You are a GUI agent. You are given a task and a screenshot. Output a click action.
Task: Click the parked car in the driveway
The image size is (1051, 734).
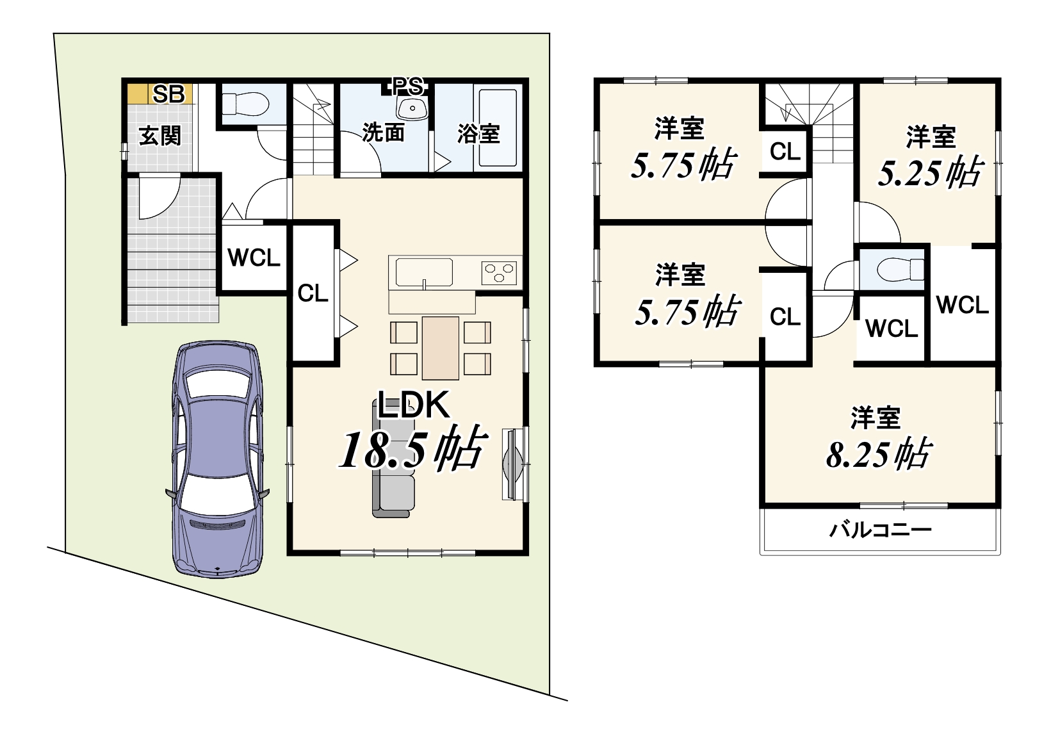pos(217,459)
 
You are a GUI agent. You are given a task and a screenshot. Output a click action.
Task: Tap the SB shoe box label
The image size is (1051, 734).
pos(168,94)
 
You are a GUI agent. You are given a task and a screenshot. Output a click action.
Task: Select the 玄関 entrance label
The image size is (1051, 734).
pos(160,136)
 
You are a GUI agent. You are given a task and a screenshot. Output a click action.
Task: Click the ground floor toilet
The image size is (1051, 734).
pos(245,104)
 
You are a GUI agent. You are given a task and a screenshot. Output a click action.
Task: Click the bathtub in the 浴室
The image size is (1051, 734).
pos(498,127)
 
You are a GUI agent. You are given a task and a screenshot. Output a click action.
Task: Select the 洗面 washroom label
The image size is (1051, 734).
pos(384,133)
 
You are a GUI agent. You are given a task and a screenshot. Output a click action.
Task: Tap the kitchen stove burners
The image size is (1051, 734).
pos(499,272)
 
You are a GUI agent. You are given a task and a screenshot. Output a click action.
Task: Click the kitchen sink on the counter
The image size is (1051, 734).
pos(424,272)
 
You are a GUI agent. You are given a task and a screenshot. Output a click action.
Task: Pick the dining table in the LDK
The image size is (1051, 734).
pos(440,348)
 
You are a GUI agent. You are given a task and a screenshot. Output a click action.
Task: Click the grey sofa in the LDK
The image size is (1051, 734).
pos(393,459)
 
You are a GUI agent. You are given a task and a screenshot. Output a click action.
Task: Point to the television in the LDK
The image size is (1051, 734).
pos(512,464)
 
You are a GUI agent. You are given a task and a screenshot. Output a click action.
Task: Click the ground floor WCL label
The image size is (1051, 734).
pos(254,257)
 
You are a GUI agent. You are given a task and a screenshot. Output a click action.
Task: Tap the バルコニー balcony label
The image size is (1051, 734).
pos(880,530)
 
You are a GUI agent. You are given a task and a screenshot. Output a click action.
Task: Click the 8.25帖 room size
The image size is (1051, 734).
pos(877,453)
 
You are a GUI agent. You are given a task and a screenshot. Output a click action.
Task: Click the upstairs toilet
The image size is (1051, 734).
pos(900,270)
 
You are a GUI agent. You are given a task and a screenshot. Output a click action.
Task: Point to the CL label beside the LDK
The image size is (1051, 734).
pos(313,294)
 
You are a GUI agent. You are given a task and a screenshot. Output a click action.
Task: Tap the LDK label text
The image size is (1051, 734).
pos(413,405)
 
